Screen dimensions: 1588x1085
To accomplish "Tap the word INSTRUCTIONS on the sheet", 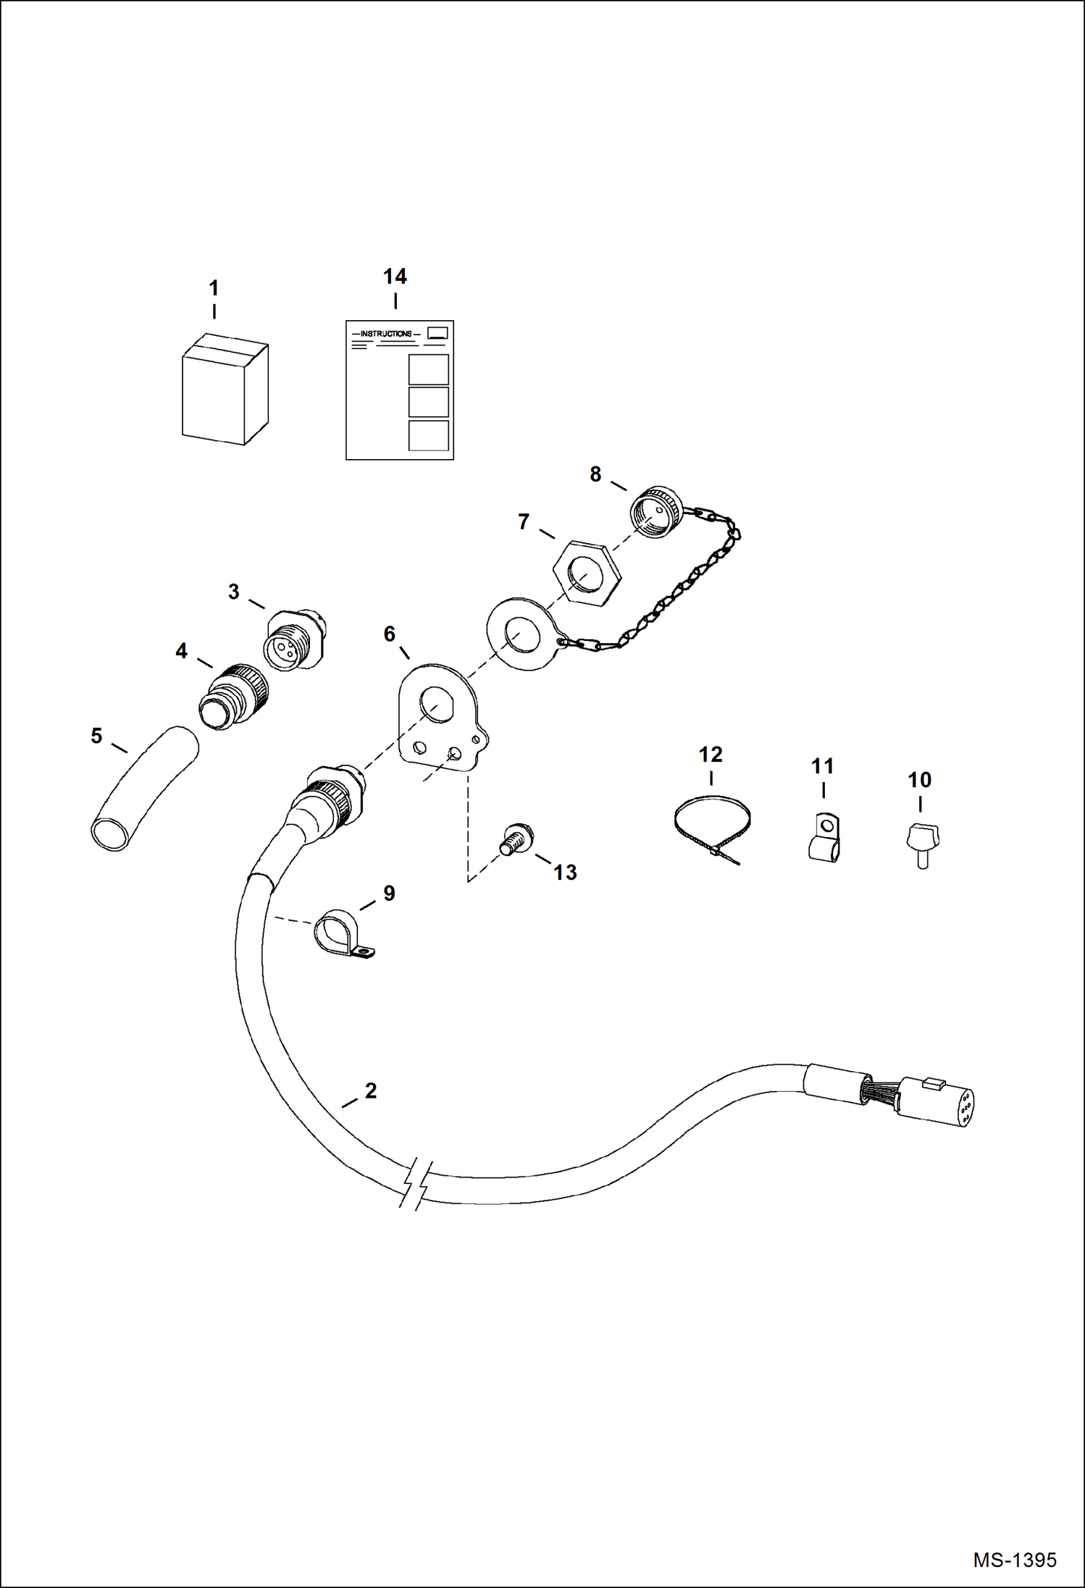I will [x=386, y=334].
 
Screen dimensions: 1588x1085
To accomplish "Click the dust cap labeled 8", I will [x=654, y=511].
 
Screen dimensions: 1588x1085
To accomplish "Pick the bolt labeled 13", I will [x=516, y=840].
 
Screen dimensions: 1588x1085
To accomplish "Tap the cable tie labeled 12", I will [x=711, y=825].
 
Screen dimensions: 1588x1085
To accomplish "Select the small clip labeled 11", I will [x=824, y=838].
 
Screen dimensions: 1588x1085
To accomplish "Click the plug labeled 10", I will [x=921, y=842].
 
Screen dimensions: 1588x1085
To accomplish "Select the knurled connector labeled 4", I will [x=233, y=697].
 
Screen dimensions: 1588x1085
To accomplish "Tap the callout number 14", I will [x=395, y=277].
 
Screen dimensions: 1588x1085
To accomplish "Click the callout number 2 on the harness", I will [x=371, y=1091].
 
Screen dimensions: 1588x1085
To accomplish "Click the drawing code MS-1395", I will [x=1014, y=1559].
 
